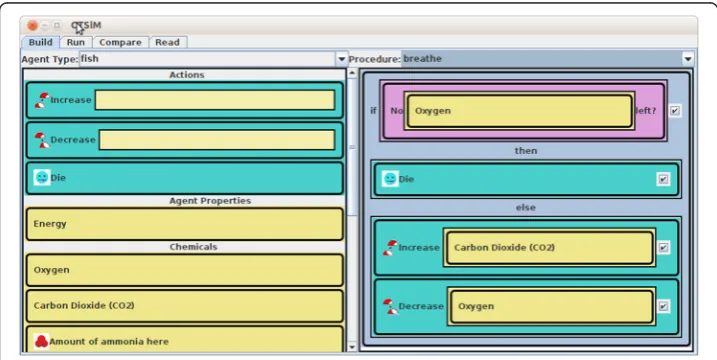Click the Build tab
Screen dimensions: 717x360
click(x=40, y=42)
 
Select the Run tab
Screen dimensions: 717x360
click(x=76, y=42)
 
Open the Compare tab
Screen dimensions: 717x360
click(x=120, y=42)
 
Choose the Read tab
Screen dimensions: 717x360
click(x=167, y=42)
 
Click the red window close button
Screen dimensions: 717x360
click(x=32, y=26)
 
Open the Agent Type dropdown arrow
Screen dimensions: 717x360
click(x=341, y=59)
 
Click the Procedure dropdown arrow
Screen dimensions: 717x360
click(x=688, y=59)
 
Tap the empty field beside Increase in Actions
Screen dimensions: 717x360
click(x=214, y=100)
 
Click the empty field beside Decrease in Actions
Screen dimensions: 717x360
click(x=217, y=140)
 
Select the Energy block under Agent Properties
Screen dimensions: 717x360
click(x=185, y=224)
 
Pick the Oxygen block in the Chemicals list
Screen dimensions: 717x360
click(x=185, y=270)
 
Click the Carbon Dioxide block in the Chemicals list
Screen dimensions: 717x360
click(x=185, y=306)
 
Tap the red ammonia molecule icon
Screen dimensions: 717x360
click(x=41, y=341)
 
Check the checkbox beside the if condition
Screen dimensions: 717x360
click(x=674, y=111)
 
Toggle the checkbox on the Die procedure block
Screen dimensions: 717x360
click(x=663, y=179)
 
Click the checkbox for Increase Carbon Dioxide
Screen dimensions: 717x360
click(x=663, y=247)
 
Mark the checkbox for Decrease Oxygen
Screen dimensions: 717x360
click(x=663, y=306)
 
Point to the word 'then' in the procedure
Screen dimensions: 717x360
click(x=526, y=150)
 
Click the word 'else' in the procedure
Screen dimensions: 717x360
click(x=526, y=207)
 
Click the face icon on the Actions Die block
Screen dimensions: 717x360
click(x=42, y=177)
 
